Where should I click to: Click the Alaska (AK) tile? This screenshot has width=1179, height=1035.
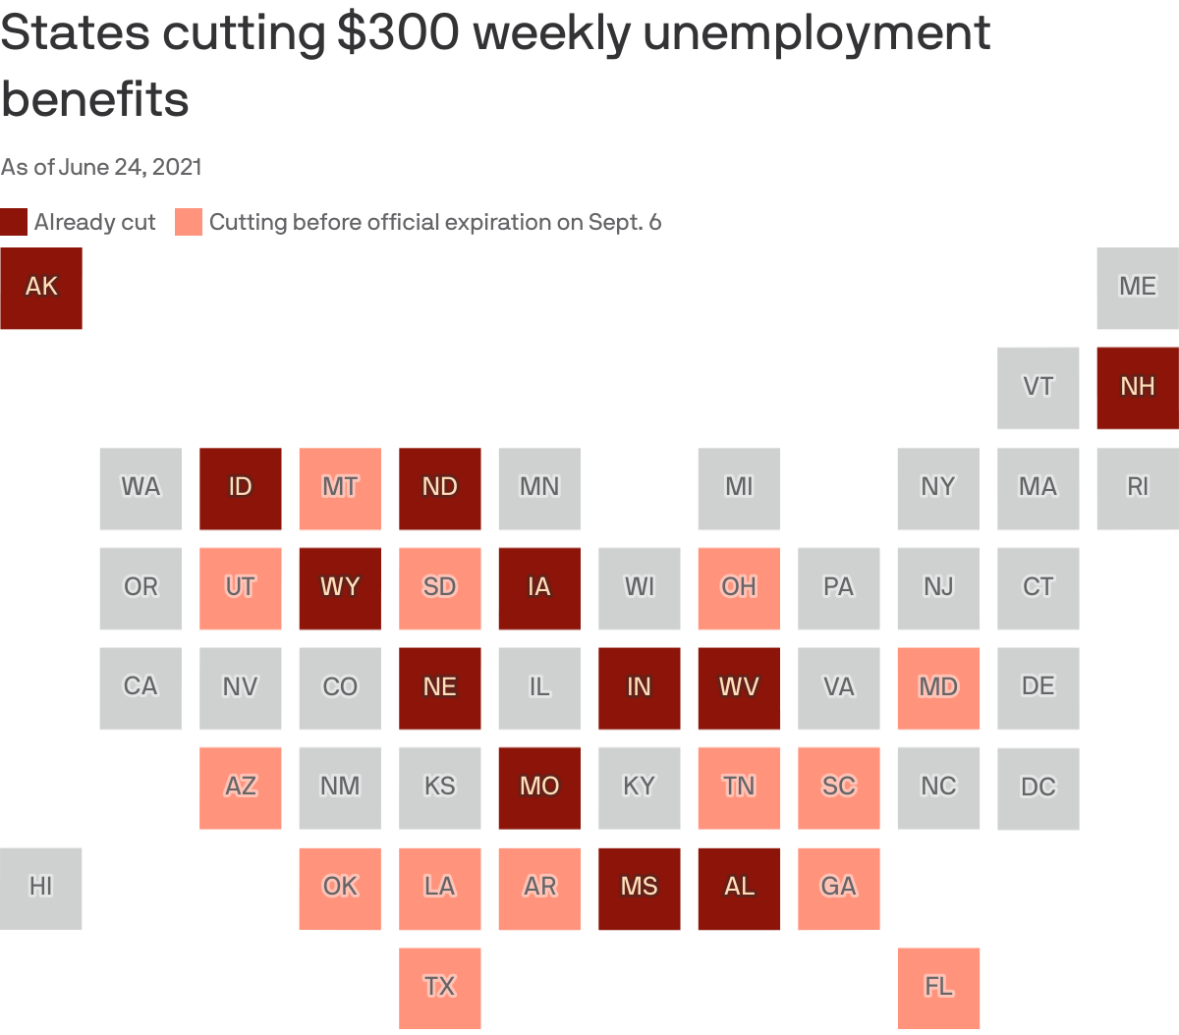pos(41,288)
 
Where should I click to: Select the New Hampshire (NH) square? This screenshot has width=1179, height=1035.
pos(1138,388)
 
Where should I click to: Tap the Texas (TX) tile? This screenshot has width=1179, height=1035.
pos(439,987)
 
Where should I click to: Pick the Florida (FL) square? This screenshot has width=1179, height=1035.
pos(938,987)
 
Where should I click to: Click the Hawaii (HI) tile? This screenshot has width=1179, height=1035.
pos(41,888)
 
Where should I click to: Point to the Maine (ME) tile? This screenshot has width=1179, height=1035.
pos(1138,288)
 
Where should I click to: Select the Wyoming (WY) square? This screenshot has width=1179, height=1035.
pos(340,588)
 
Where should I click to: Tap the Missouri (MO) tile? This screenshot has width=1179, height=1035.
pos(539,788)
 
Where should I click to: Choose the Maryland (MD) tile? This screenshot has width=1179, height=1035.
pos(938,687)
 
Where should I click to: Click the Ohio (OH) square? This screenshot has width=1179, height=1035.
pos(739,588)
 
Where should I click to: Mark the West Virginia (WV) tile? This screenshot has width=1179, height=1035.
pos(739,687)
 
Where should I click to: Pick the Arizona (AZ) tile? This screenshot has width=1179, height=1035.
pos(240,788)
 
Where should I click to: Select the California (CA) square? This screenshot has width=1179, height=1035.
pos(140,687)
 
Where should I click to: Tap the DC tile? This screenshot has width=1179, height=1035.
pos(1038,788)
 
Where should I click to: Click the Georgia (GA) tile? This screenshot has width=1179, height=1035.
pos(838,888)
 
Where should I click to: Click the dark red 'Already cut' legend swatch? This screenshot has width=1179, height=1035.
pos(14,222)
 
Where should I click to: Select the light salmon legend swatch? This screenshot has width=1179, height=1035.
pos(189,222)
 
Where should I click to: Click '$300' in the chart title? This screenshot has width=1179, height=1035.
pos(398,33)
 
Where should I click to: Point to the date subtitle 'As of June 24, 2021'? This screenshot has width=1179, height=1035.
pos(101,167)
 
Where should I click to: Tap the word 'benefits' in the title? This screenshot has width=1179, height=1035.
pos(95,99)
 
